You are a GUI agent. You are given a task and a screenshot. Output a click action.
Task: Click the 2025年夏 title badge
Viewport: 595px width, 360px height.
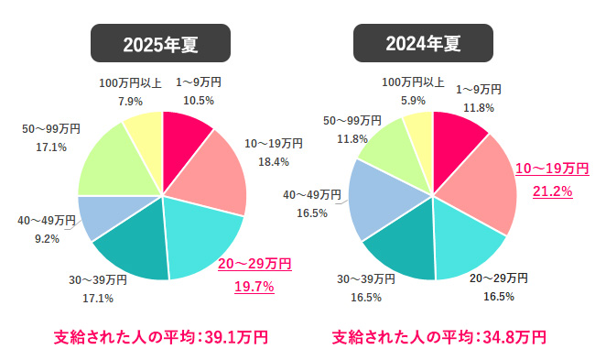click(161, 42)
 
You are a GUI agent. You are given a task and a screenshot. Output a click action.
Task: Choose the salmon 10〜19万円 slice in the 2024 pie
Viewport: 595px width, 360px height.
click(481, 183)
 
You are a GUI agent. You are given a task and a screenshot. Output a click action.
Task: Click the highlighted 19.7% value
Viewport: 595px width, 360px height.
click(254, 286)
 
